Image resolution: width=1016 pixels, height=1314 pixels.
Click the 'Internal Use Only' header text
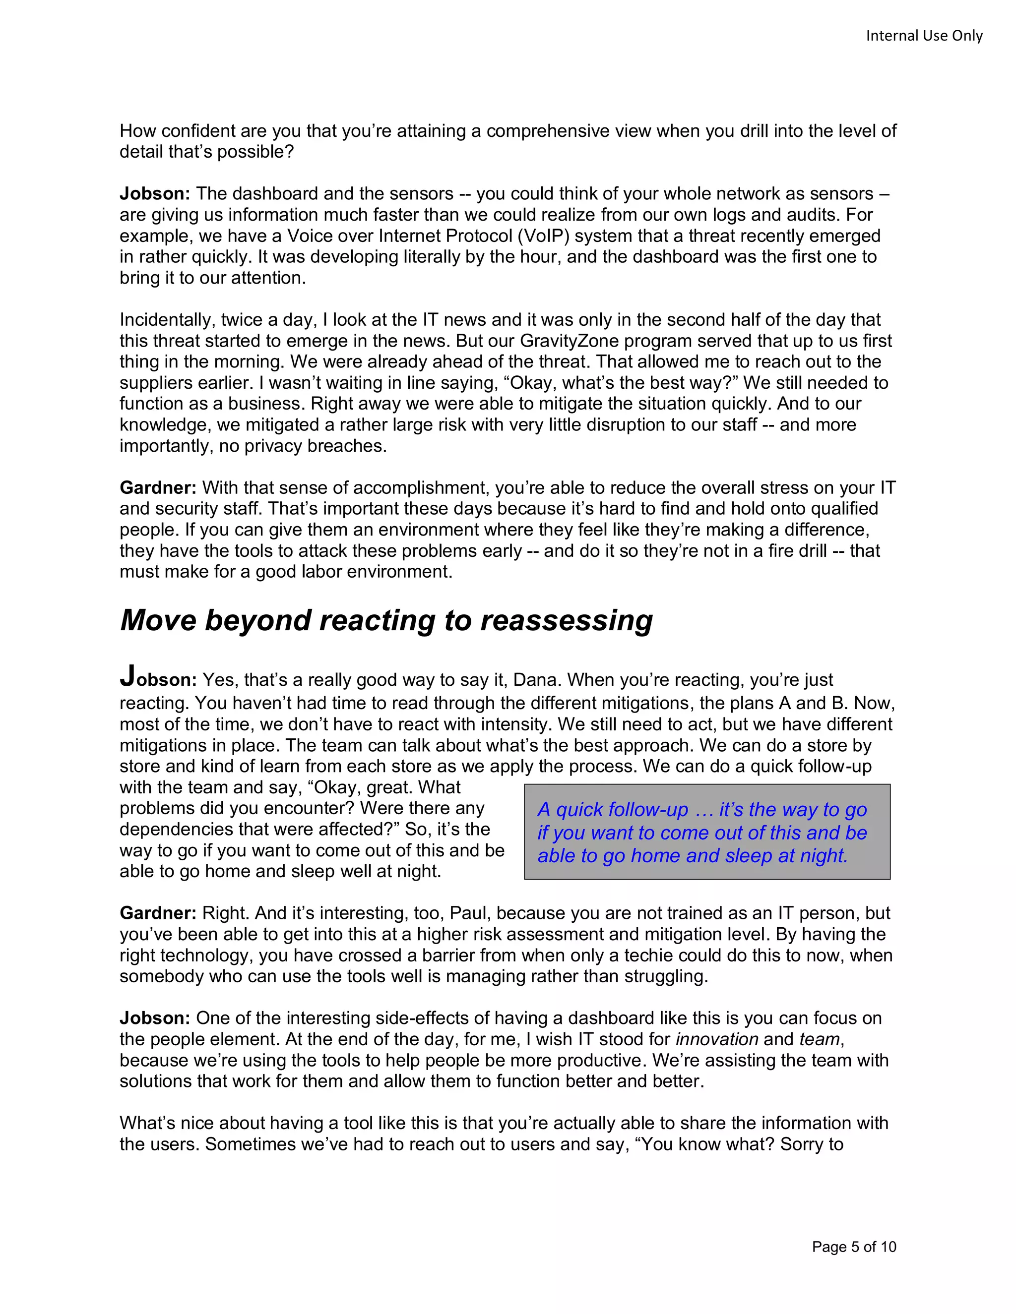pyautogui.click(x=924, y=36)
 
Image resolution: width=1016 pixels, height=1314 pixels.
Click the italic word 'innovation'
pyautogui.click(x=717, y=1039)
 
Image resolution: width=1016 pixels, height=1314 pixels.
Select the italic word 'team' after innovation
pyautogui.click(x=819, y=1039)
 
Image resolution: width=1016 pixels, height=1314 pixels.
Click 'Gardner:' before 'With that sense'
pyautogui.click(x=158, y=488)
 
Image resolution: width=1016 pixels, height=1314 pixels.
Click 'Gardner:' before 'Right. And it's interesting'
pyautogui.click(x=158, y=913)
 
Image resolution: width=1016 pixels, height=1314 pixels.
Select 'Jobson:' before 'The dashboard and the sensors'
pyautogui.click(x=155, y=194)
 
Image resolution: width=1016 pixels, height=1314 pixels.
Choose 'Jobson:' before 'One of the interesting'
pyautogui.click(x=155, y=1018)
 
